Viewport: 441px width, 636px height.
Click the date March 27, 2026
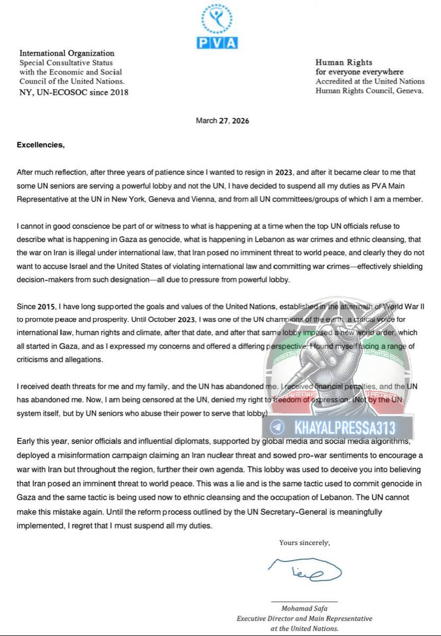222,121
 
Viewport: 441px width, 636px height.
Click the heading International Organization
67,53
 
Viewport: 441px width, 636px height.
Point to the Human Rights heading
344,63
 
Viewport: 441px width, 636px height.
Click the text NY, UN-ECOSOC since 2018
74,92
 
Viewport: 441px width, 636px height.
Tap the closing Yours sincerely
305,542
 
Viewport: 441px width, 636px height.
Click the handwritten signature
305,569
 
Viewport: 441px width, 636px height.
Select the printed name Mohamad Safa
304,609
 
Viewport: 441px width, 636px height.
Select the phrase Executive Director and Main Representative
304,619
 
